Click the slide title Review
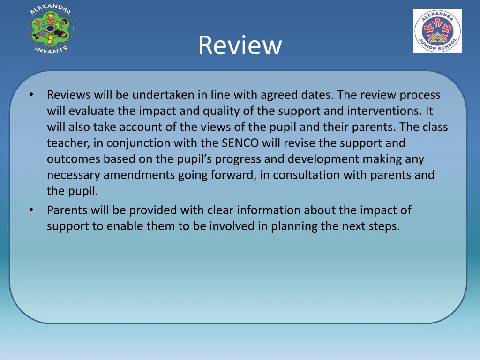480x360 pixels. (x=240, y=45)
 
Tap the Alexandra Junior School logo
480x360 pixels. (x=437, y=31)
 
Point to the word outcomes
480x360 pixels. (x=74, y=159)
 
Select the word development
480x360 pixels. (x=328, y=159)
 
